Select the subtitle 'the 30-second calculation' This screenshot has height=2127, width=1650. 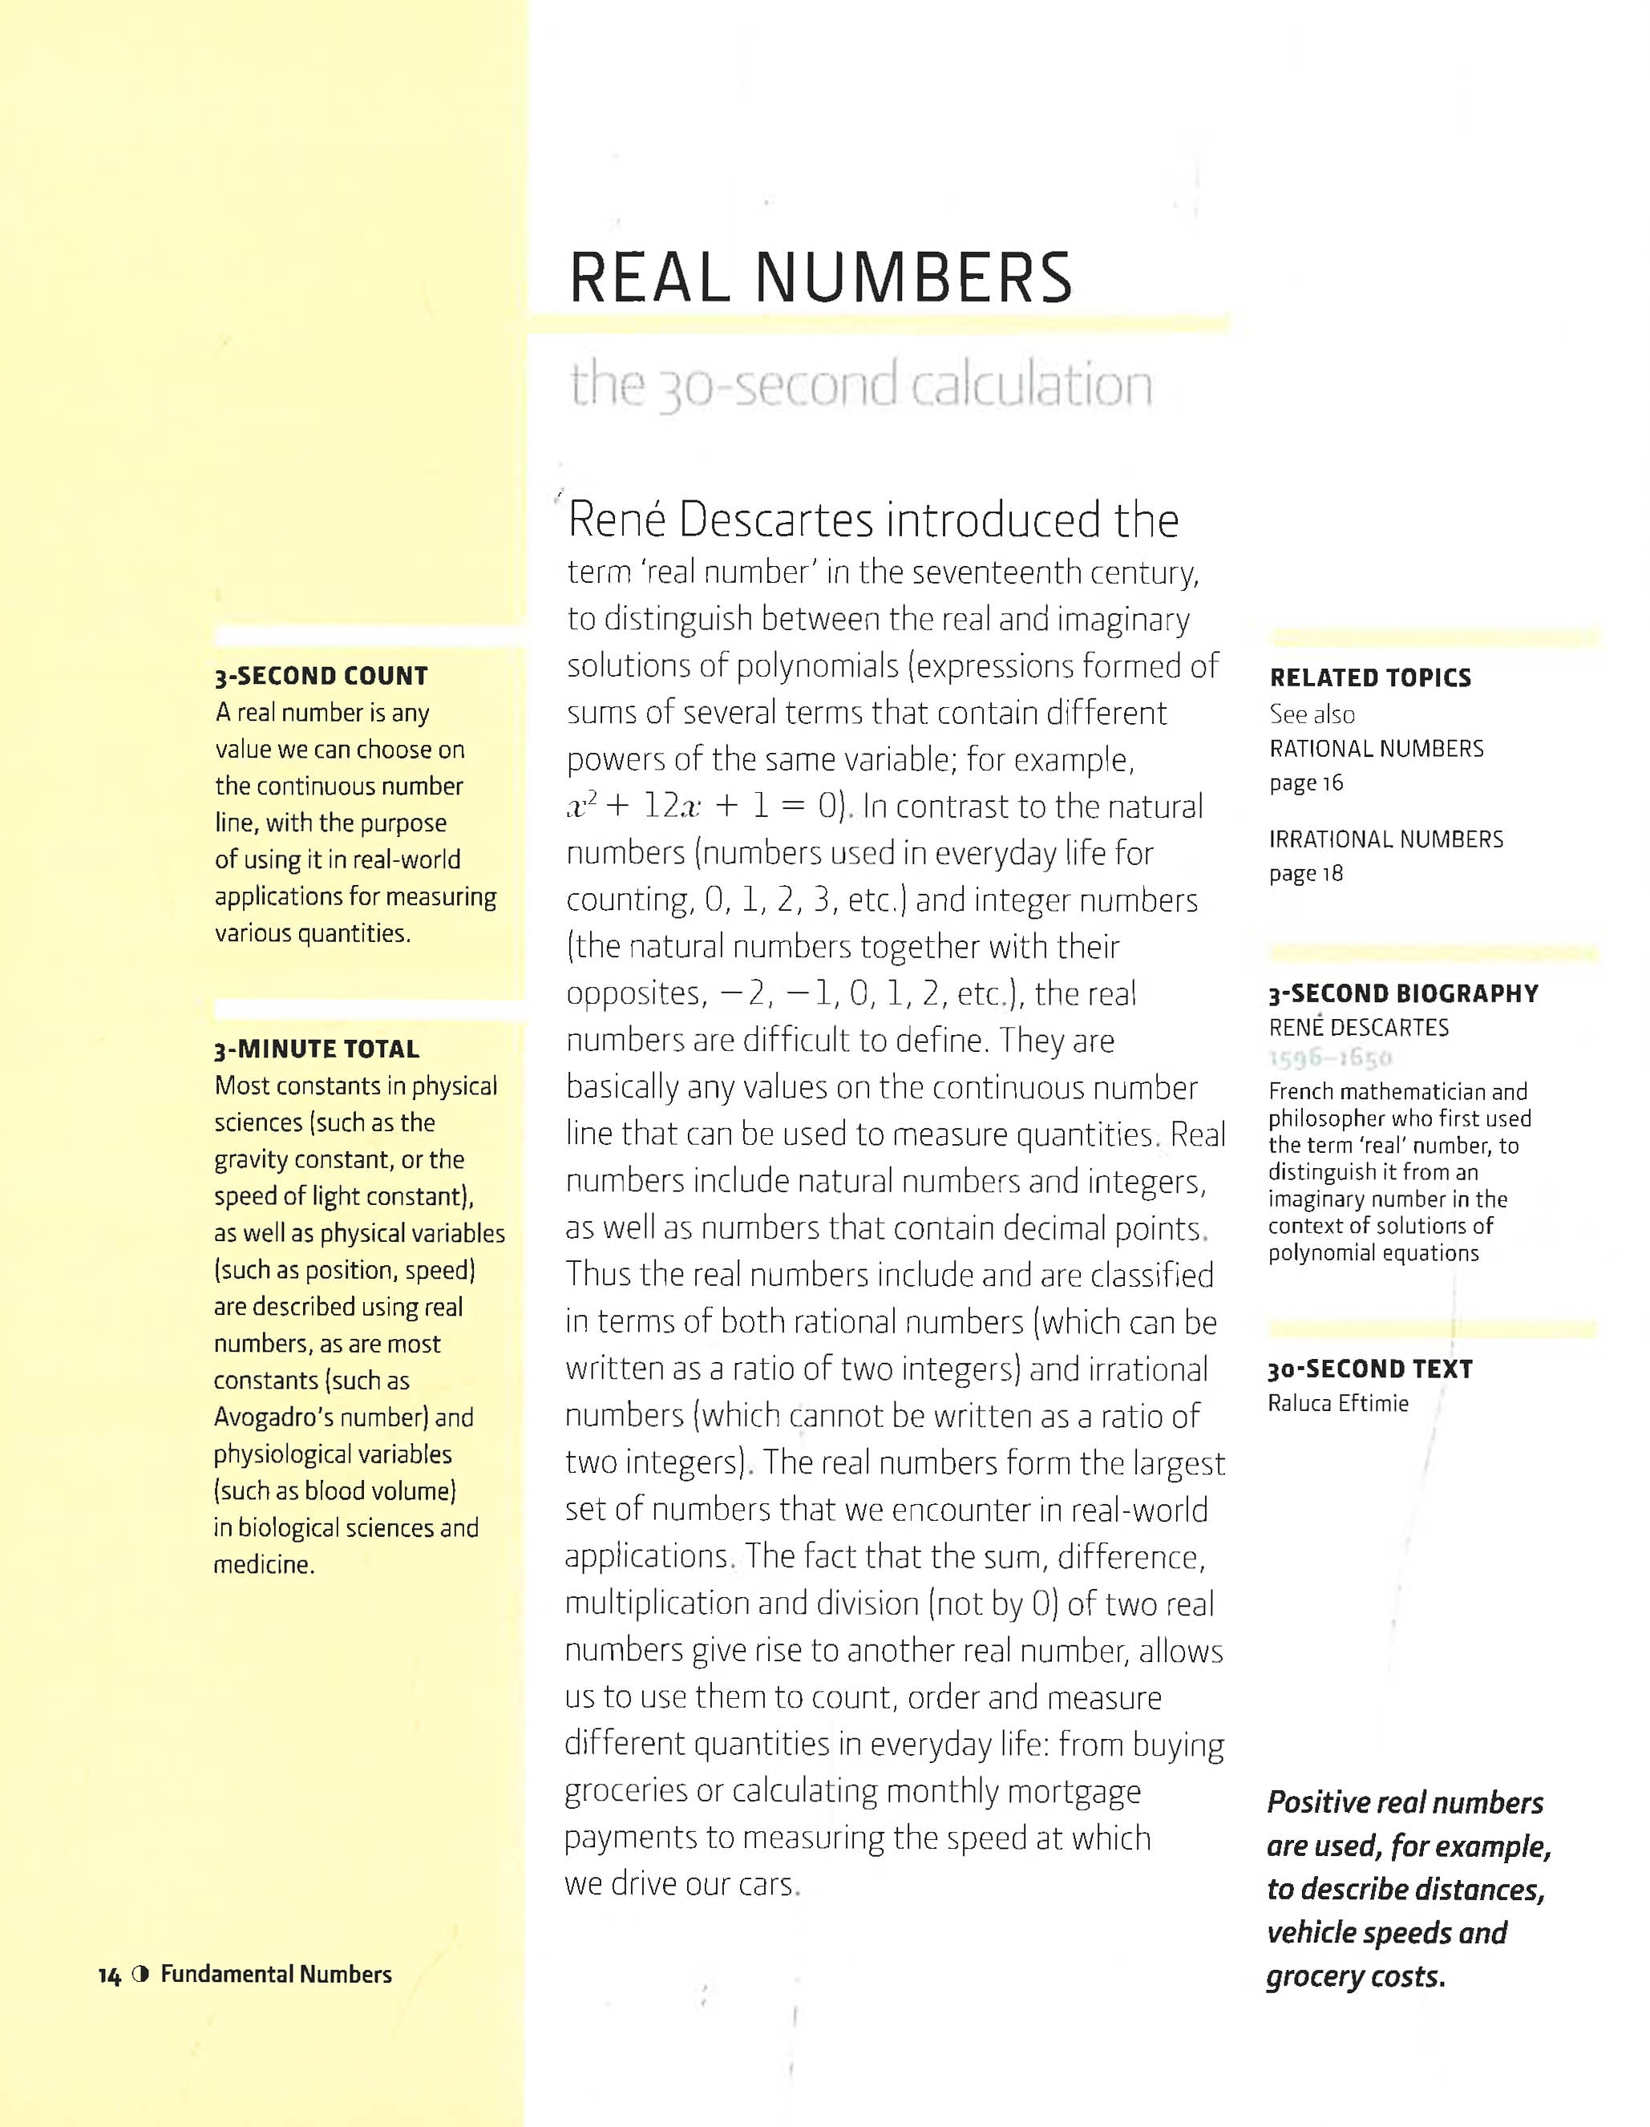pyautogui.click(x=861, y=386)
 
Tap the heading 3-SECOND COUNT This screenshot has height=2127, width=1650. pyautogui.click(x=322, y=676)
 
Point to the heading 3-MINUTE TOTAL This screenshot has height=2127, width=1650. pyautogui.click(x=317, y=1049)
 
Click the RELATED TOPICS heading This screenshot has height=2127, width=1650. pyautogui.click(x=1369, y=677)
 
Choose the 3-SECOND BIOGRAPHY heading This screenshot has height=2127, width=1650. pyautogui.click(x=1402, y=993)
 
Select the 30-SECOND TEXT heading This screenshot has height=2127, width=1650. pyautogui.click(x=1369, y=1369)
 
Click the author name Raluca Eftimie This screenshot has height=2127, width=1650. pyautogui.click(x=1337, y=1403)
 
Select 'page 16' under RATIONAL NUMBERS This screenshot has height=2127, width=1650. pyautogui.click(x=1305, y=783)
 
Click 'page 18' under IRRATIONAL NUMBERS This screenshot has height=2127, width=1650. pyautogui.click(x=1305, y=874)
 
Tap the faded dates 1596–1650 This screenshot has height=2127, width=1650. pyautogui.click(x=1331, y=1058)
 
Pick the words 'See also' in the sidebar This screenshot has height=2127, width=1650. pyautogui.click(x=1311, y=715)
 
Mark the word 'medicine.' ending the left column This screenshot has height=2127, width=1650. pyautogui.click(x=264, y=1565)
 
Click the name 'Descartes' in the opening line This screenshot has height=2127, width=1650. pyautogui.click(x=775, y=520)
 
